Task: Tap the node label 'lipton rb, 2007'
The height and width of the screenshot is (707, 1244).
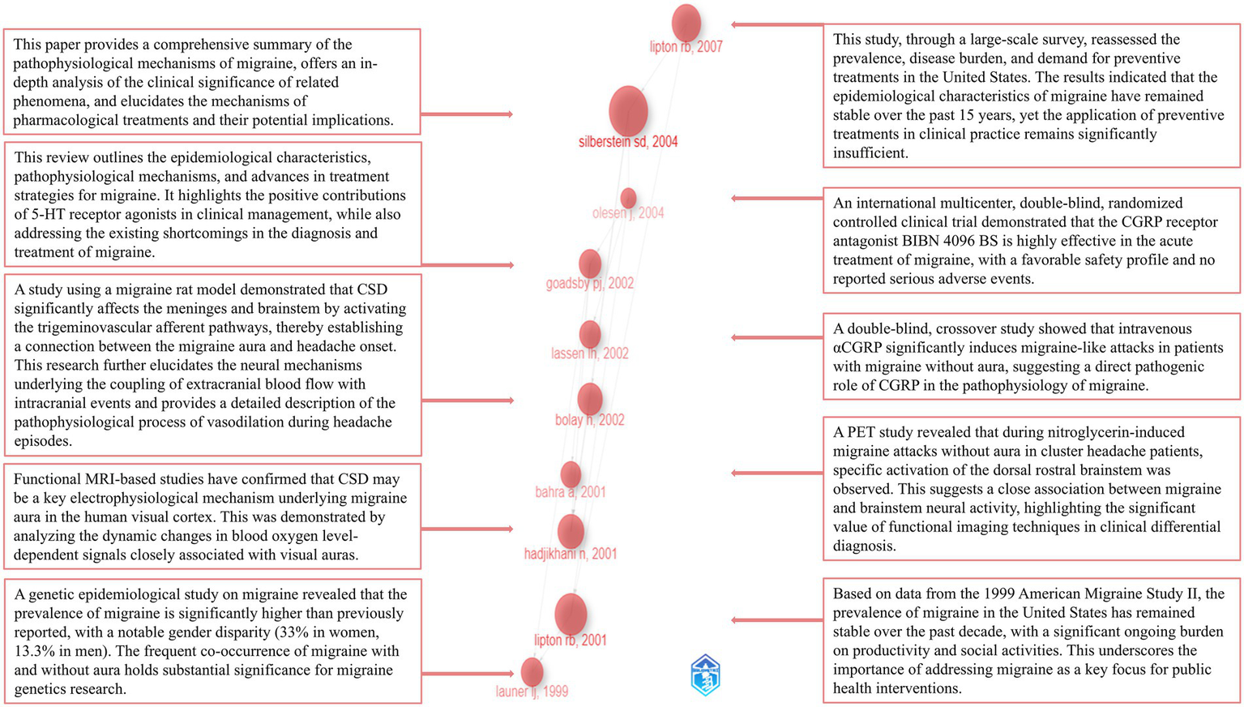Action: (x=686, y=47)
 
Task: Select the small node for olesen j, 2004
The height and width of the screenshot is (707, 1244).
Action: (x=628, y=198)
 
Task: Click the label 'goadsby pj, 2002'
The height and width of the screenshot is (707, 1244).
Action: (x=589, y=283)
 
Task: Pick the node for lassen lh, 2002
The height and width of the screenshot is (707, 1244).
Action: (x=590, y=333)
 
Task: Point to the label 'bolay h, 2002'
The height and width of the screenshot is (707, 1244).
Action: (x=589, y=420)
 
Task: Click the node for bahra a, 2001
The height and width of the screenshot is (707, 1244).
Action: (x=571, y=474)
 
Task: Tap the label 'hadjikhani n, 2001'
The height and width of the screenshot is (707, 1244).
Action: (x=570, y=554)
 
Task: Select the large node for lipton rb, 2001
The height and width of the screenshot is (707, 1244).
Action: (x=571, y=614)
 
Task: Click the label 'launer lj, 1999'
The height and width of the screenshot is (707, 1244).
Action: (x=532, y=692)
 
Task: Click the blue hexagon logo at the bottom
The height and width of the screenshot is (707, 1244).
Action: (x=705, y=675)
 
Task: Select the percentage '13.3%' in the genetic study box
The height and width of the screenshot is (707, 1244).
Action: (x=32, y=651)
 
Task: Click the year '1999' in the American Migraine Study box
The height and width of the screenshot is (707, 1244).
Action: (x=976, y=593)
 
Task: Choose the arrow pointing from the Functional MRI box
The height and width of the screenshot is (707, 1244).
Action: (x=468, y=529)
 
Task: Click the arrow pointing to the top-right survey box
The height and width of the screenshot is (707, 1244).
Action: (x=776, y=25)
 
